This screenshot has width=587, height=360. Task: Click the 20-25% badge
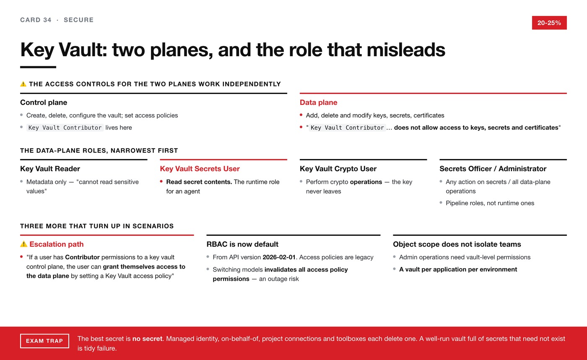[549, 23]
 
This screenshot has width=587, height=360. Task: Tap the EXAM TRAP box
[44, 341]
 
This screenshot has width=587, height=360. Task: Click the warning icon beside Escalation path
[23, 244]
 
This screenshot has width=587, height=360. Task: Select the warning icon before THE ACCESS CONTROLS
[23, 84]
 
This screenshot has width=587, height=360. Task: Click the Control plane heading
[44, 102]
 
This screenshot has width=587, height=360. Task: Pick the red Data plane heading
[318, 102]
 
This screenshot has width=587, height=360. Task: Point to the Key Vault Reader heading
[50, 169]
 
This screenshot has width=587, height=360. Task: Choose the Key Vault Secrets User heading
[200, 169]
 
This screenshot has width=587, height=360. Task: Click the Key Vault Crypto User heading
[338, 169]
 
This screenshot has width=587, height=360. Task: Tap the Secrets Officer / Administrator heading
[493, 169]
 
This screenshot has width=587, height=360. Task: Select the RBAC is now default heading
[242, 244]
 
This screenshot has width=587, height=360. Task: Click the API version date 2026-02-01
[279, 257]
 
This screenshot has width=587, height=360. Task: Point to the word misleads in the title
[406, 50]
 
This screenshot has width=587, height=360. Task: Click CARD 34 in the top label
[36, 20]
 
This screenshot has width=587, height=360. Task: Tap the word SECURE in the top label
[79, 20]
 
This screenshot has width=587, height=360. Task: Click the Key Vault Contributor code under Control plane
[65, 128]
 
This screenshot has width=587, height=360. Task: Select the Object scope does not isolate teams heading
[457, 244]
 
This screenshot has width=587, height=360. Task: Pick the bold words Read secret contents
[199, 182]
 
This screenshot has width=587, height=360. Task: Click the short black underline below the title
[38, 67]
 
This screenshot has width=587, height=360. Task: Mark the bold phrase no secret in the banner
[147, 339]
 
